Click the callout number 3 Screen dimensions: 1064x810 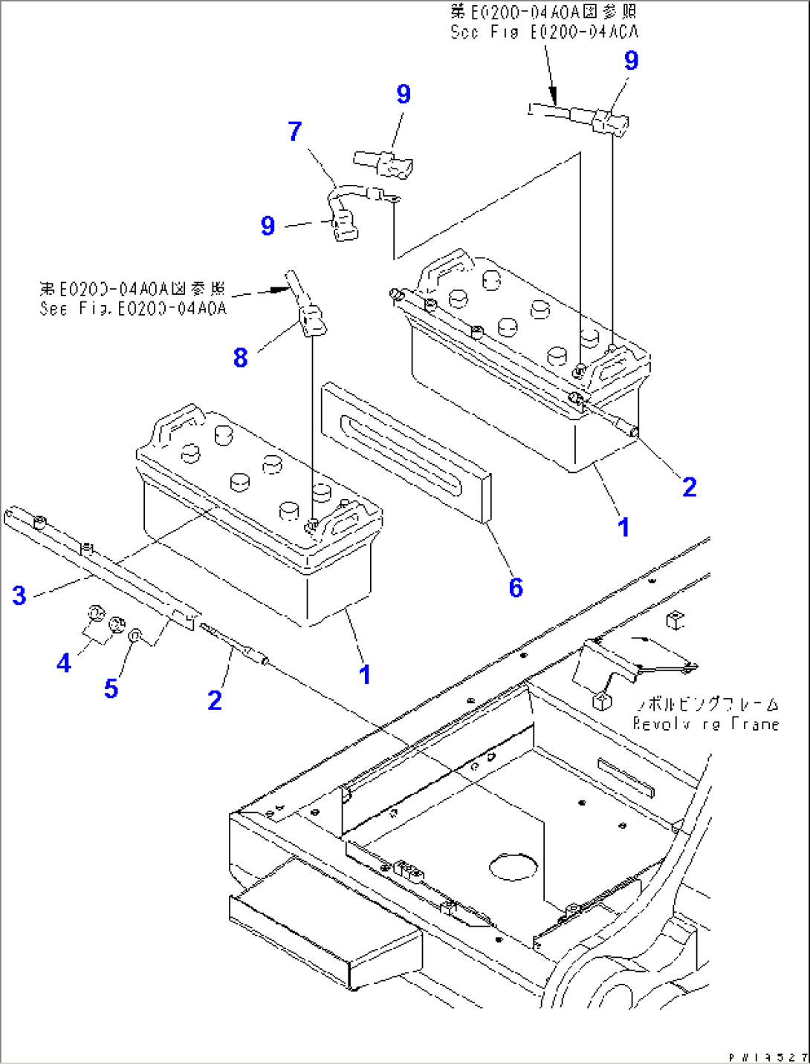coord(19,595)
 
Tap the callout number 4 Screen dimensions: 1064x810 coord(64,662)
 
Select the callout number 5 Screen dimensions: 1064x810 coord(111,688)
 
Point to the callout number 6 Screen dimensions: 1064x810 coord(516,587)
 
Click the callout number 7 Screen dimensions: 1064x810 coord(295,131)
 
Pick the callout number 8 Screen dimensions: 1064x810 coord(240,357)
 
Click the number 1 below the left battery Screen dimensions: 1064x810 coord(364,674)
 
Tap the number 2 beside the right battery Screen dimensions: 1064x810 coord(690,487)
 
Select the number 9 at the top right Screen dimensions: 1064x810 coord(631,60)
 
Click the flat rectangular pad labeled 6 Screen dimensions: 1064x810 coord(406,453)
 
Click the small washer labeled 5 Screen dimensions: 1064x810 coord(135,635)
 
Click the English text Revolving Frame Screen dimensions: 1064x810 coord(705,724)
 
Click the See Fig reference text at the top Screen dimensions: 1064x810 coord(544,32)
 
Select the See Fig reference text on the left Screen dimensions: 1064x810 coord(132,308)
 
